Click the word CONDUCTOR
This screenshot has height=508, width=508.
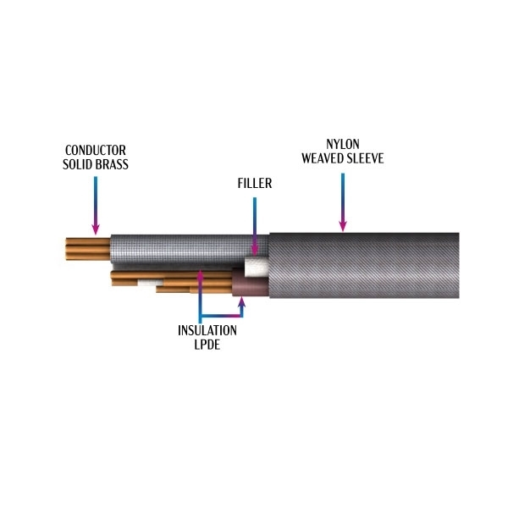(x=96, y=149)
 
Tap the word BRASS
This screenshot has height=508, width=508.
(x=113, y=163)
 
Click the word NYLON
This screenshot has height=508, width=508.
(x=342, y=143)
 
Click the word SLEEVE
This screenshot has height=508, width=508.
(x=365, y=157)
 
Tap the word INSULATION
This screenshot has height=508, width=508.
(x=207, y=330)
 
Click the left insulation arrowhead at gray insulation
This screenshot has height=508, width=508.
(x=200, y=273)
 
